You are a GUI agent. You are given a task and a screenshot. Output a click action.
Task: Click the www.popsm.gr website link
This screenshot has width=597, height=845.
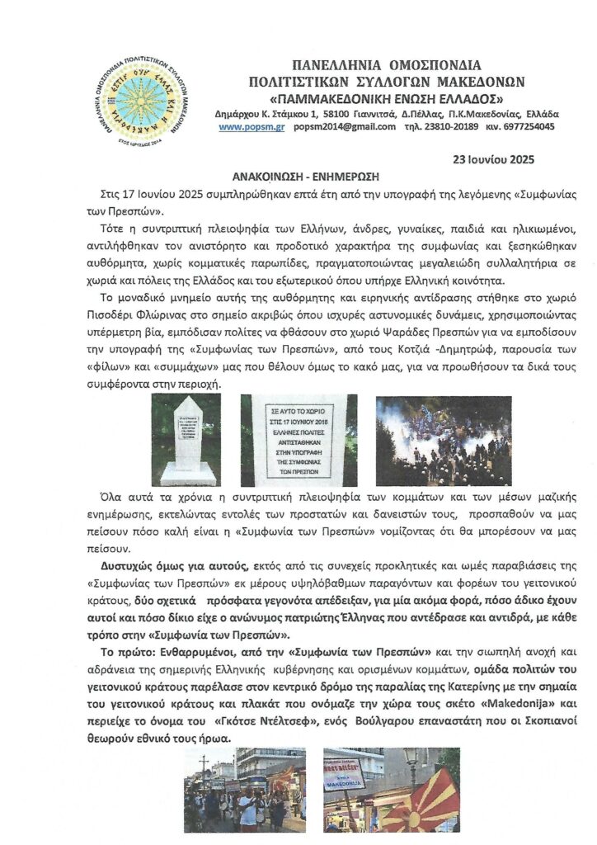246,127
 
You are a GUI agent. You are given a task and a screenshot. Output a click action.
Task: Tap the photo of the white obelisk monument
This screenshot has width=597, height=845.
186,439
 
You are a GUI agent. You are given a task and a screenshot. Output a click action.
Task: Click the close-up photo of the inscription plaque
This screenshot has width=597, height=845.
298,439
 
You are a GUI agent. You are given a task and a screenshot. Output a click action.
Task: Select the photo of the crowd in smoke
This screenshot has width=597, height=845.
444,439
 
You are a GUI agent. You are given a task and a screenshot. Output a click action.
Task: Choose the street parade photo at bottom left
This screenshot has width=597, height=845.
244,789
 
